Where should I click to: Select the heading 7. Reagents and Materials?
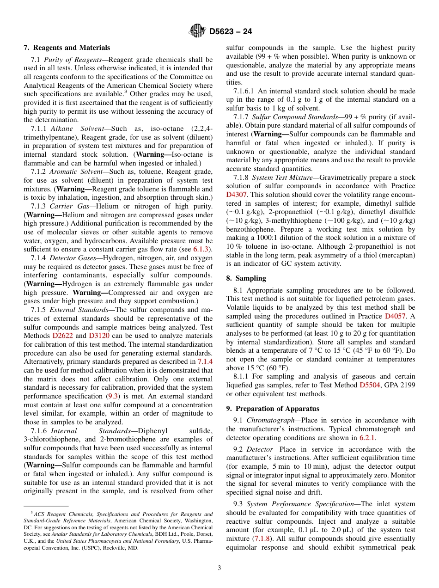point(67,48)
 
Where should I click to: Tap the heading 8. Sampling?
point(246,278)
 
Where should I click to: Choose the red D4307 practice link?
point(237,195)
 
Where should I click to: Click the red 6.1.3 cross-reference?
point(201,249)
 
